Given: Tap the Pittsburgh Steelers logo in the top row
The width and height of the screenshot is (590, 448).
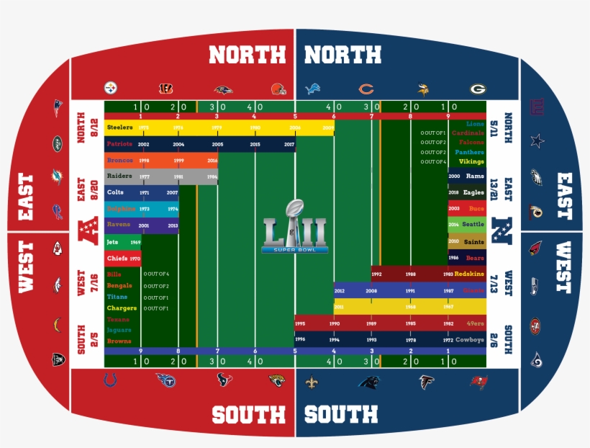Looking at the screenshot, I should pyautogui.click(x=111, y=89).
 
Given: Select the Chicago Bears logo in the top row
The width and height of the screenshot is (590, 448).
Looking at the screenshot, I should pyautogui.click(x=366, y=89).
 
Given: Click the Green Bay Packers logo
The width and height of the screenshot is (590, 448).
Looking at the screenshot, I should pyautogui.click(x=478, y=89).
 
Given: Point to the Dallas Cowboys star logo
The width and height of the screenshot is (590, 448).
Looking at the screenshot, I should pyautogui.click(x=537, y=140).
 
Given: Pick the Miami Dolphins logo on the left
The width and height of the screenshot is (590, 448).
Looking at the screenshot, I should pyautogui.click(x=57, y=176).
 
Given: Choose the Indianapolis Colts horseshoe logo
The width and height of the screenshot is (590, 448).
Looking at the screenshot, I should pyautogui.click(x=110, y=380).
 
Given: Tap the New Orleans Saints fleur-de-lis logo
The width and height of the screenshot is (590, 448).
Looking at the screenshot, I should pyautogui.click(x=311, y=381).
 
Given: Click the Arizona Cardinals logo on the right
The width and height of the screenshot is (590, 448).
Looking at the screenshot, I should pyautogui.click(x=536, y=248).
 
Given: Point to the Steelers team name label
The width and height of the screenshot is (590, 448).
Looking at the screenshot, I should pyautogui.click(x=119, y=127).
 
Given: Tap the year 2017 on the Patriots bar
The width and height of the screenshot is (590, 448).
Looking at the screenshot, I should pyautogui.click(x=289, y=145).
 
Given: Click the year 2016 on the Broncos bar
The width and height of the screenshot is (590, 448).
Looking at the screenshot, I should pyautogui.click(x=212, y=160).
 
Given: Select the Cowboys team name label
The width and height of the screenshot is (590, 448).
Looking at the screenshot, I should pyautogui.click(x=471, y=339).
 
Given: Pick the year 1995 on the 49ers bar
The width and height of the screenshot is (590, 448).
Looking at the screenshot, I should pyautogui.click(x=300, y=324).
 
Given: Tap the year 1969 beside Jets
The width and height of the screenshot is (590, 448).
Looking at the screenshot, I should pyautogui.click(x=135, y=243).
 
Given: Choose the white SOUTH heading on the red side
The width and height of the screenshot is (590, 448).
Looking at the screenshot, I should pyautogui.click(x=248, y=414).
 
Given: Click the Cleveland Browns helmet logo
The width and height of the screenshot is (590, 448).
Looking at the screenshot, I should pyautogui.click(x=278, y=89).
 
